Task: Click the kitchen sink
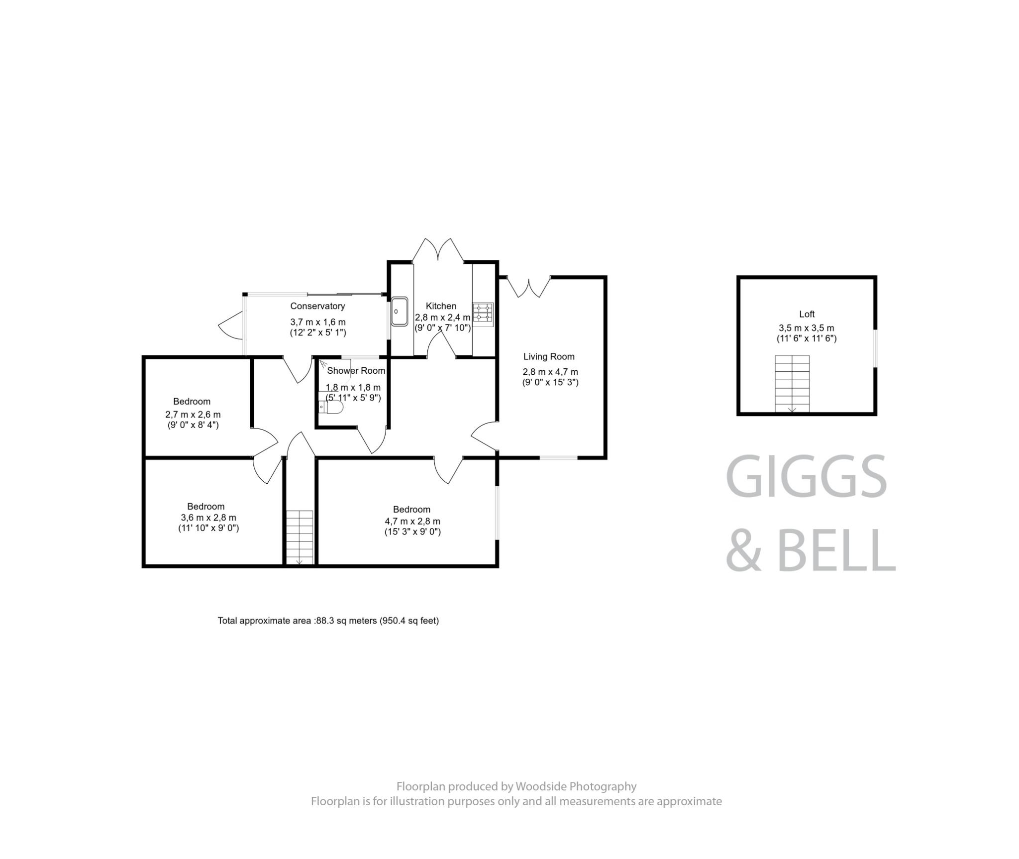399,311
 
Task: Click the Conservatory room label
317,306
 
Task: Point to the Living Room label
549,356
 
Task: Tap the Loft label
807,314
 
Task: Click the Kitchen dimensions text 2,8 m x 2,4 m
442,318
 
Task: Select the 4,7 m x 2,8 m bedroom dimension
412,521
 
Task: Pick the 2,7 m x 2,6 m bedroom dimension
193,414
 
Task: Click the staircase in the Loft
792,383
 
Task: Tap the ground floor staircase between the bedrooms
300,537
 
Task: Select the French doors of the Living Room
528,287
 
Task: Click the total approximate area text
328,621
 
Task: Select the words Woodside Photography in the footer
576,786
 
